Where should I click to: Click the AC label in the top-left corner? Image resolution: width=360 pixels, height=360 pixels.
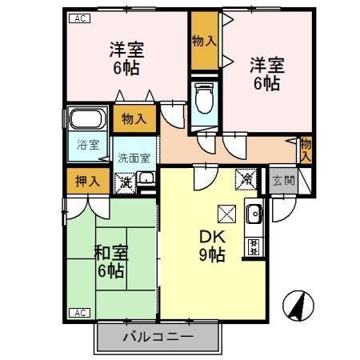80,17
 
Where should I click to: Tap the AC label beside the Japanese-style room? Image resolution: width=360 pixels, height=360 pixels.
80,312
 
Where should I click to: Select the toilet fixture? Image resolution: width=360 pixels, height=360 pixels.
203,99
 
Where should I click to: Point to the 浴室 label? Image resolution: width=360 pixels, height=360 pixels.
88,145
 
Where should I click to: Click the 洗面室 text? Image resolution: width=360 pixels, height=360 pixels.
134,158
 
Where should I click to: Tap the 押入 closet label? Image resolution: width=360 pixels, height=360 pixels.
82,181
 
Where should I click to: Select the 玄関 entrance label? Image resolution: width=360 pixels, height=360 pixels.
282,180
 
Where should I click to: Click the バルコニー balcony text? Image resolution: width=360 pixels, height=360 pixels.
157,336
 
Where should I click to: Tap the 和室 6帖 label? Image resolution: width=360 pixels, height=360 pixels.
110,262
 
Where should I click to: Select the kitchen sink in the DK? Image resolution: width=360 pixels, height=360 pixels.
254,214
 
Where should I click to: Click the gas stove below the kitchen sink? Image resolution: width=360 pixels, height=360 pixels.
254,245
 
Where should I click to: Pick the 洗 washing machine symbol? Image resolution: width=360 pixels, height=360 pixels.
126,182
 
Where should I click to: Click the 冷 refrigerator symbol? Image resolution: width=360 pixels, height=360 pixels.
245,181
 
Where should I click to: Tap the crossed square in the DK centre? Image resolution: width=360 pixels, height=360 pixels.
226,214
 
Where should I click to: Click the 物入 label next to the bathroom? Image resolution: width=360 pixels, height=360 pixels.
134,119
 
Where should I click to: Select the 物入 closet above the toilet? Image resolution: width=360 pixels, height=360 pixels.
204,41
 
